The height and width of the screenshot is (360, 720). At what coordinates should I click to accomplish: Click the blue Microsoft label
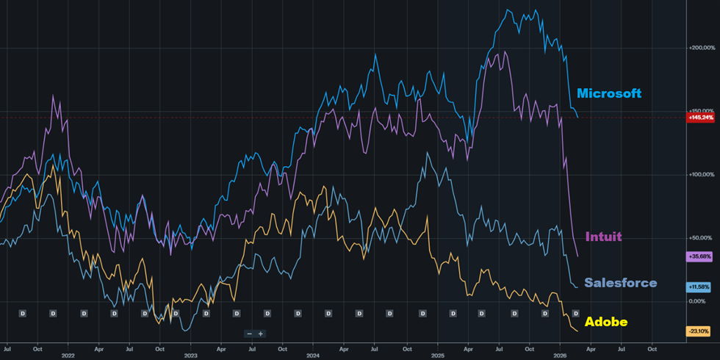[608, 93]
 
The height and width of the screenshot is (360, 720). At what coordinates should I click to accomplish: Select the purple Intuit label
[603, 237]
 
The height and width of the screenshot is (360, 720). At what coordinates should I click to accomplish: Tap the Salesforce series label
[620, 283]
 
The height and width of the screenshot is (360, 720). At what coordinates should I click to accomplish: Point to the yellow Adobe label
[606, 322]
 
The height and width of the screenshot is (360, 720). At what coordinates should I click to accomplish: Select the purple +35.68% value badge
[699, 256]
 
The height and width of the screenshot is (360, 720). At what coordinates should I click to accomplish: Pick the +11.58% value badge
[699, 286]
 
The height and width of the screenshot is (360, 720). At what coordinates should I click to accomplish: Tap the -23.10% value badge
[699, 331]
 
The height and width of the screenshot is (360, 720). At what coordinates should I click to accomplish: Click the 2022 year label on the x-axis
[68, 356]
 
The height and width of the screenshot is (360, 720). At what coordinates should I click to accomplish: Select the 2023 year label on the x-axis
[190, 356]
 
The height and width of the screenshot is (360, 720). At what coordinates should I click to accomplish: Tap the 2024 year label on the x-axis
[314, 356]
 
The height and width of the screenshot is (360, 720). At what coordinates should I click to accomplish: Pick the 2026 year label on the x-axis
[560, 356]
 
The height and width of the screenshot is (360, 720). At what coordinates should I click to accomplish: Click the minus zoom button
[250, 334]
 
